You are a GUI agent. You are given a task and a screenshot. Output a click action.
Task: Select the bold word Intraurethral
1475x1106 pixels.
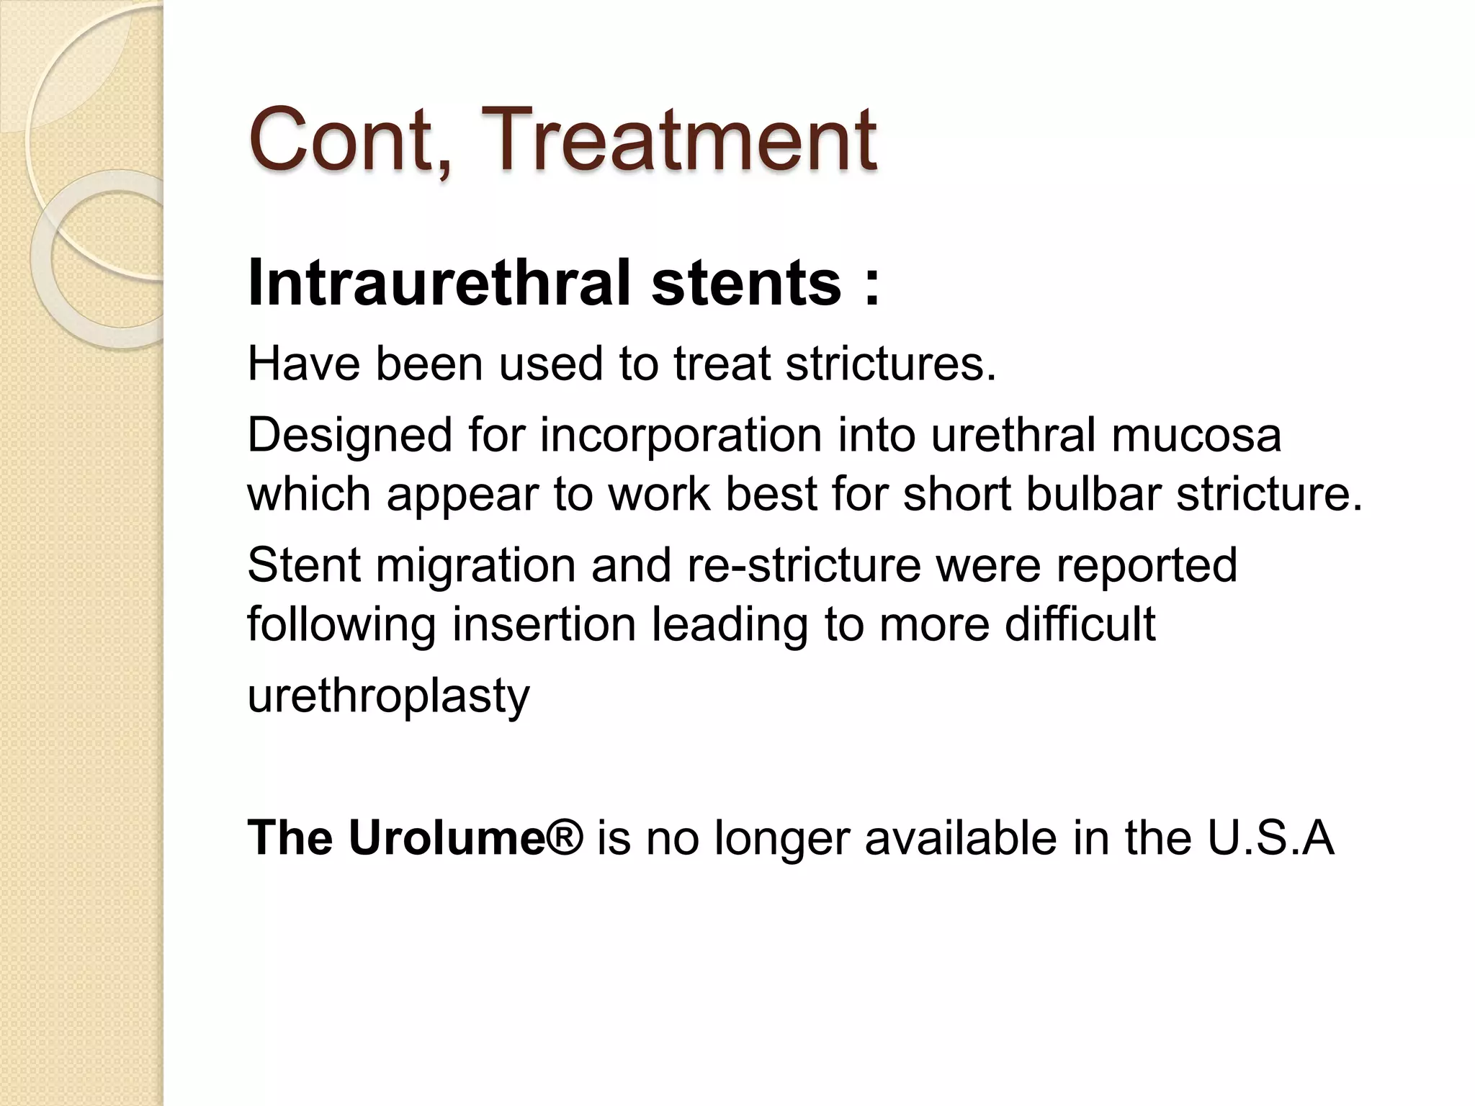pos(439,283)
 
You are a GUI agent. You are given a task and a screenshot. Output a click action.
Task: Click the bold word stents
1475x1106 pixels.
pos(746,283)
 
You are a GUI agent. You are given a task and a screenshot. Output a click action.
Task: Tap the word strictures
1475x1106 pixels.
pos(890,364)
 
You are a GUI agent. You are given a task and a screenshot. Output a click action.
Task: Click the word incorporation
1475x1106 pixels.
pos(681,436)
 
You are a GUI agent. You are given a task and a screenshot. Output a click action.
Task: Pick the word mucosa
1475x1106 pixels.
pos(1196,436)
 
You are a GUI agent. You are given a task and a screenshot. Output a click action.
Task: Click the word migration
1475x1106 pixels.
pos(475,565)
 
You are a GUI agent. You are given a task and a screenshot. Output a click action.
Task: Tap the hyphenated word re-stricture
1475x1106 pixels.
pos(804,565)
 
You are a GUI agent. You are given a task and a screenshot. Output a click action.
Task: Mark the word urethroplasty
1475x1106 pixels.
pos(388,696)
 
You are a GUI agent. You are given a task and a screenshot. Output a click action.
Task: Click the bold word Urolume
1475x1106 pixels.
pos(447,838)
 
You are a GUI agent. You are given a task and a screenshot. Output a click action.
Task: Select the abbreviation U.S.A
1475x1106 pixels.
pos(1270,838)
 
